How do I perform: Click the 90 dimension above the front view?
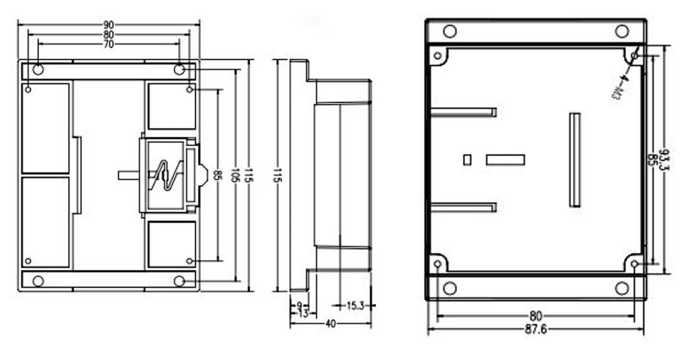coord(108,24)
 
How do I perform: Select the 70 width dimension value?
coord(108,44)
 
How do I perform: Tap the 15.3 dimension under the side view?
coord(355,305)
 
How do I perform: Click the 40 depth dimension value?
coord(330,323)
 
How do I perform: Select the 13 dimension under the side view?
coord(303,313)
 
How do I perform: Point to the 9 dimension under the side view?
coord(299,305)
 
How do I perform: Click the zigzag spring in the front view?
coord(166,175)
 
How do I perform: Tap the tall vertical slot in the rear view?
coord(575,159)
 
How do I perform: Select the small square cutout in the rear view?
coord(467,159)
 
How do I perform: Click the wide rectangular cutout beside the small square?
coord(505,160)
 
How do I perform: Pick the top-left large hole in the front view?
coord(38,69)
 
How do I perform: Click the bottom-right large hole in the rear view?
coord(622,288)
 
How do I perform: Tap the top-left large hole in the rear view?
coord(449,31)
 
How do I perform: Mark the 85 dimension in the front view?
coord(217,176)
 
